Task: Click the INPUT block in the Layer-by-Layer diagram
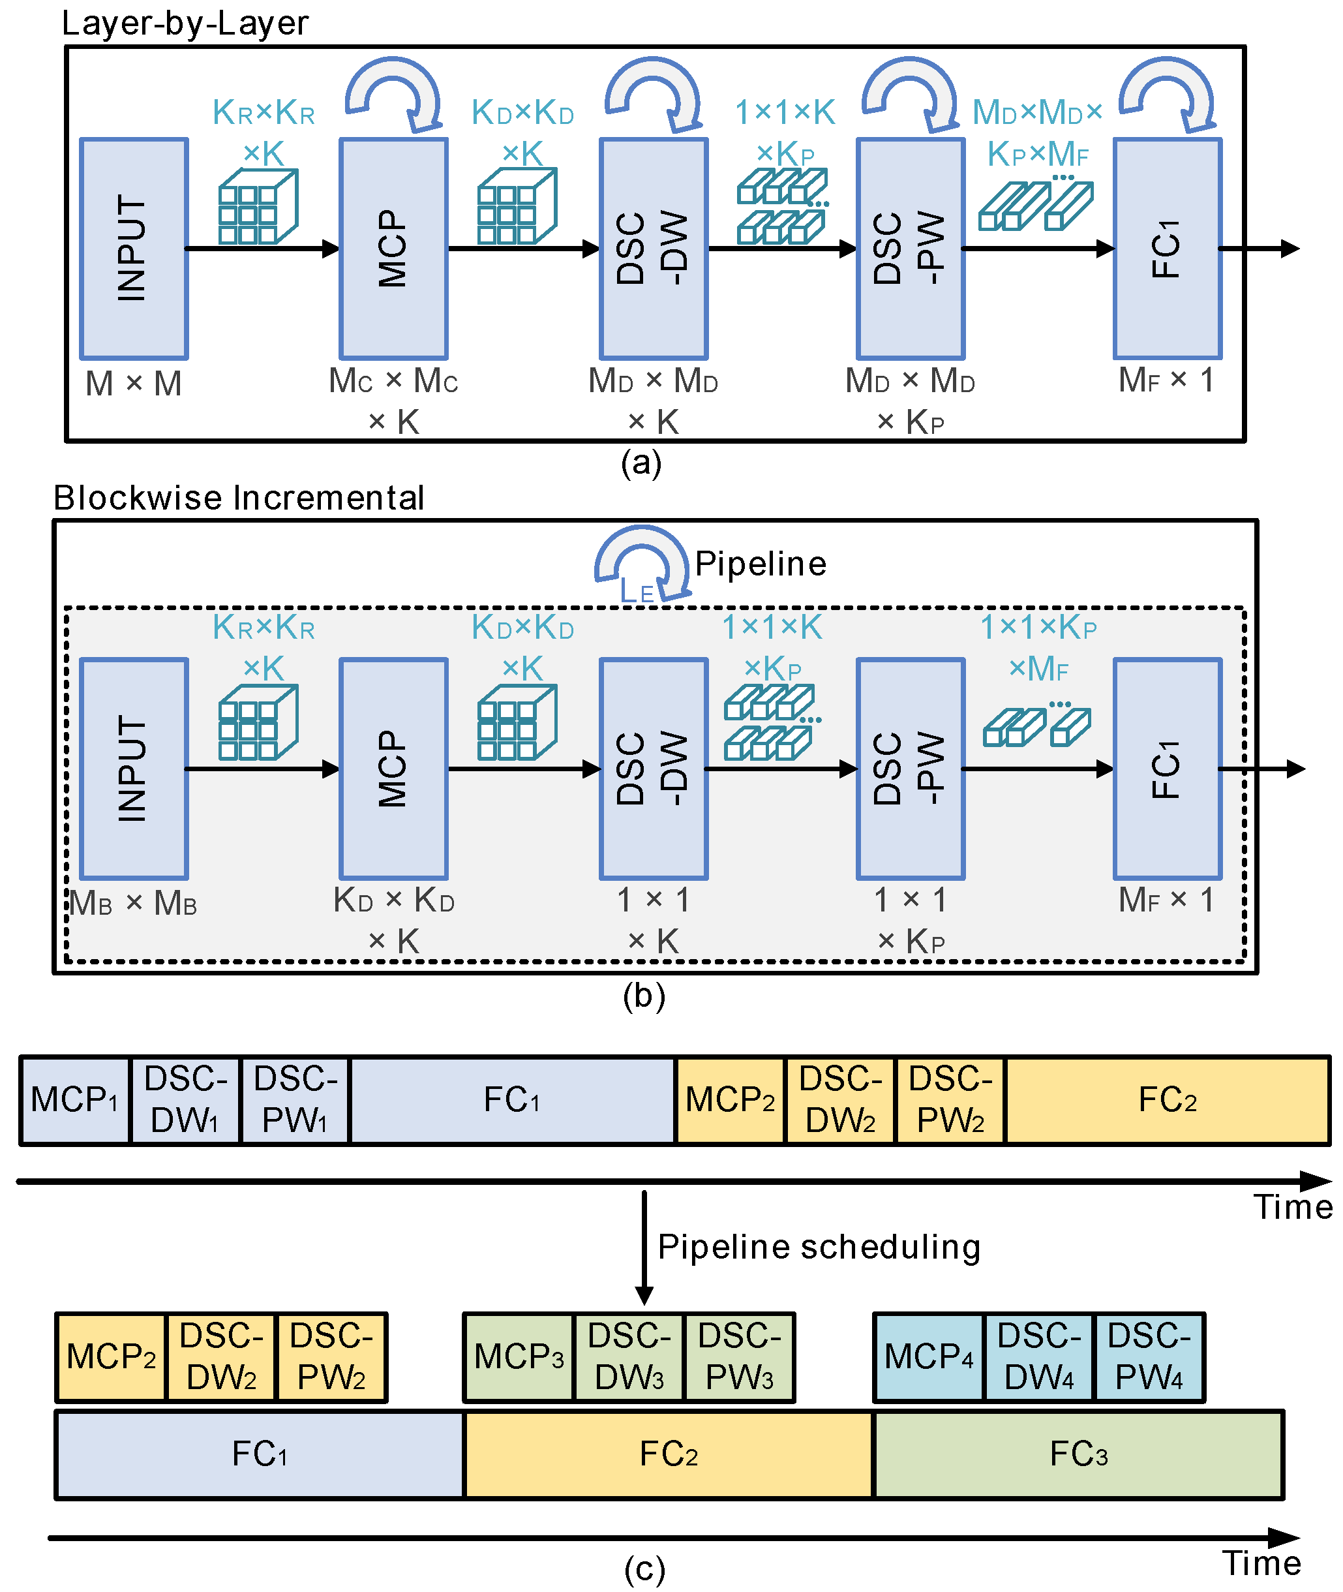[x=133, y=248]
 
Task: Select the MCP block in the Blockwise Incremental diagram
[x=393, y=768]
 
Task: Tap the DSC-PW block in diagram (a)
[x=910, y=248]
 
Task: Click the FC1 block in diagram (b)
[x=1166, y=768]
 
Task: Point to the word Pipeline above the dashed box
[x=760, y=564]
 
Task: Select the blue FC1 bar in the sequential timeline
[x=511, y=1099]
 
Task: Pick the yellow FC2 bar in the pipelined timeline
[x=669, y=1454]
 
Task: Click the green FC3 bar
[x=1078, y=1454]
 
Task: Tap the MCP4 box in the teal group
[x=928, y=1356]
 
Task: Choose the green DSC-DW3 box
[x=629, y=1356]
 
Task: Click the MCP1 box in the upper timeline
[x=74, y=1099]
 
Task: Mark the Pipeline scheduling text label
[x=819, y=1247]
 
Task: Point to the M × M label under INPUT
[x=133, y=383]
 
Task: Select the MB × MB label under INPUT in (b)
[x=133, y=903]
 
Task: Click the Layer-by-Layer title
[x=185, y=23]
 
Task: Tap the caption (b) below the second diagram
[x=643, y=996]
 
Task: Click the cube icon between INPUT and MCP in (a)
[x=258, y=207]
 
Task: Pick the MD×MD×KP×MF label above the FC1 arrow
[x=1038, y=133]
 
